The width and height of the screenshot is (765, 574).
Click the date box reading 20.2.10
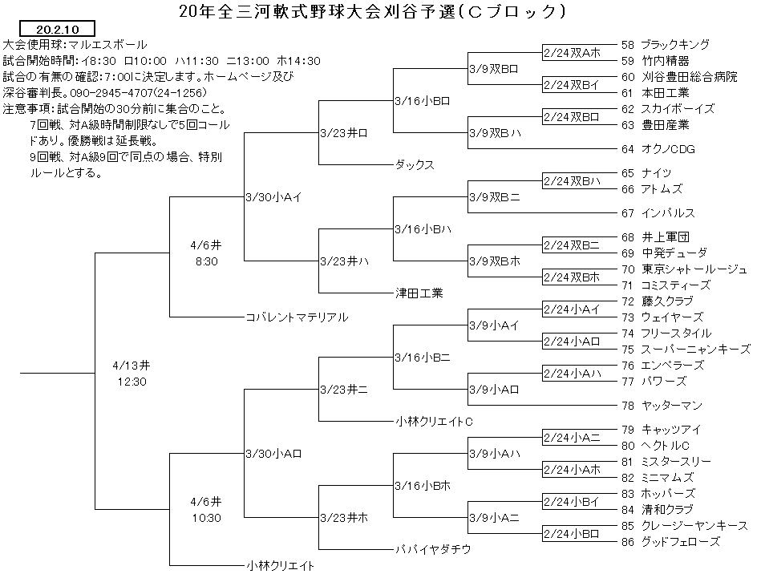tap(57, 29)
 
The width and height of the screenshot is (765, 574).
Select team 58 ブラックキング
tap(665, 45)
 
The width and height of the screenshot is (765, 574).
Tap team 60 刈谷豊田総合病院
tap(679, 77)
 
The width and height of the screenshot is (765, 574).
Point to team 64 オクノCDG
tap(658, 149)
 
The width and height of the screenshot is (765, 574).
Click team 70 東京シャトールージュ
tap(684, 269)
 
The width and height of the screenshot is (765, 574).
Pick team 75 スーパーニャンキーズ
tap(686, 350)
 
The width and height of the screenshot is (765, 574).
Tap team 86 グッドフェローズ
tap(670, 541)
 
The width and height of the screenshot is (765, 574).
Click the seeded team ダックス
tap(415, 165)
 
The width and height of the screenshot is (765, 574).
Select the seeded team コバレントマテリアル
tap(297, 317)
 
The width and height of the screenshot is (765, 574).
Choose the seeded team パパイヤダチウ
tap(433, 550)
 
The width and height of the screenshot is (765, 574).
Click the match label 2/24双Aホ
tap(572, 53)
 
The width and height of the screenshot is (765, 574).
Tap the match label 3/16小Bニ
tap(423, 358)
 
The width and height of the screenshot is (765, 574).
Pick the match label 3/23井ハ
tap(345, 261)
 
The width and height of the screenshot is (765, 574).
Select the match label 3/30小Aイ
tap(273, 197)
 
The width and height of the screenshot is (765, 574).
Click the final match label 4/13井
tap(132, 366)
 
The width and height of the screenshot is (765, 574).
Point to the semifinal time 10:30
tap(206, 519)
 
